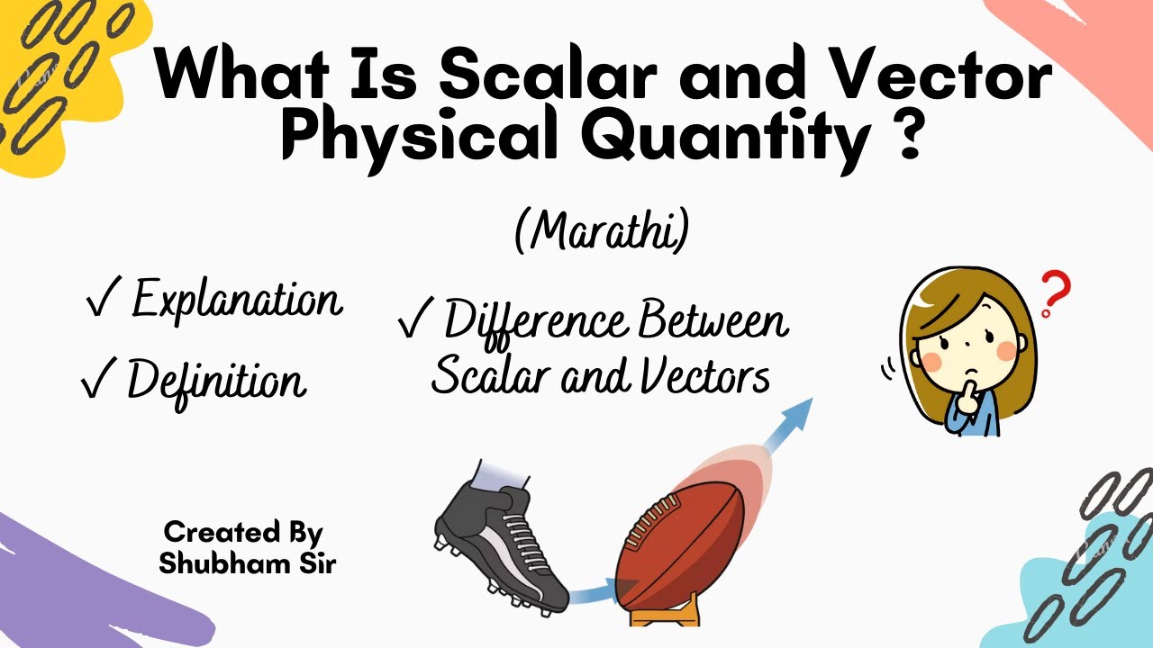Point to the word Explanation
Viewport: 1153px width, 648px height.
tap(237, 300)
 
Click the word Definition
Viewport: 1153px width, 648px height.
tap(216, 380)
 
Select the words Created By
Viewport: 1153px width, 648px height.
tap(243, 532)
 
